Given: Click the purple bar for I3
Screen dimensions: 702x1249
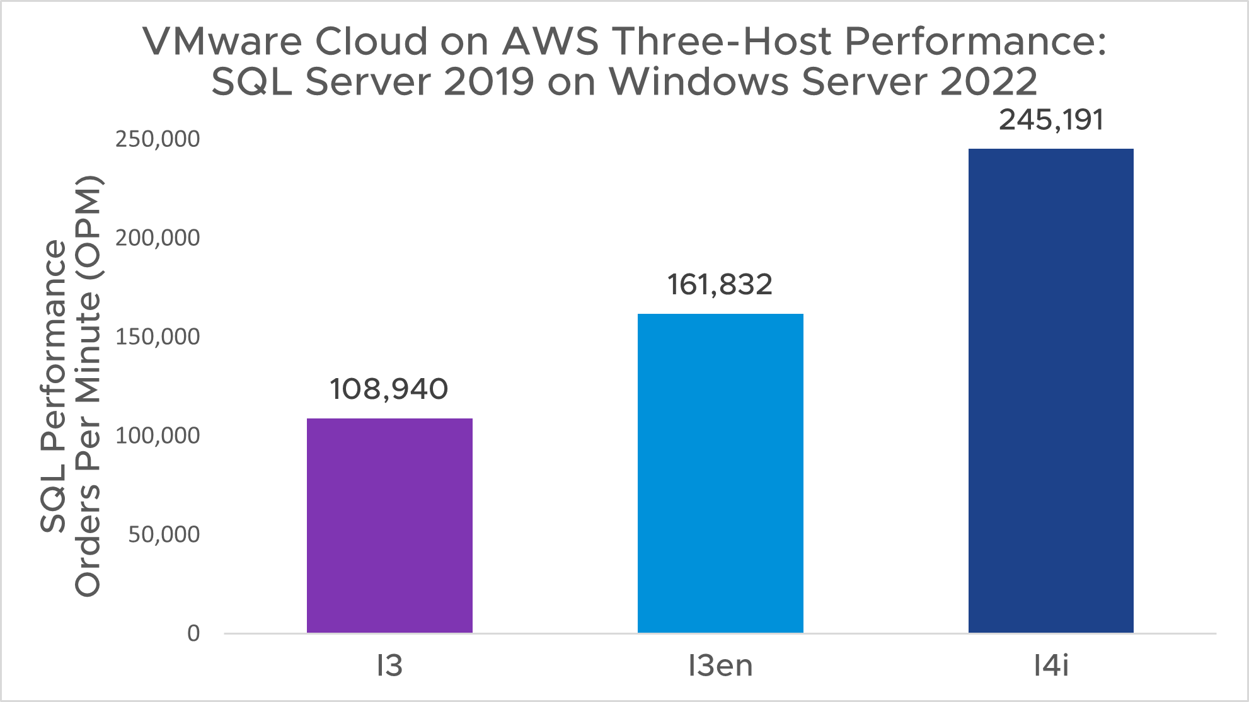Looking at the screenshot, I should pos(389,525).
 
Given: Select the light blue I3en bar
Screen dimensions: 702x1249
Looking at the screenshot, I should pos(720,473).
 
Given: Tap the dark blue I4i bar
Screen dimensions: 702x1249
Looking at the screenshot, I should pos(1050,390).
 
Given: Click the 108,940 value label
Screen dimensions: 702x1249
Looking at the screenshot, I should pos(389,389).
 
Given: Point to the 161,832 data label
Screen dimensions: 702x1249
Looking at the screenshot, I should pos(720,285).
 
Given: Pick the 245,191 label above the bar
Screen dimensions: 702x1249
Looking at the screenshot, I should pos(1051,120).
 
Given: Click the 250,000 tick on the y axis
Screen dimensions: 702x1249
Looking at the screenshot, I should pos(158,139).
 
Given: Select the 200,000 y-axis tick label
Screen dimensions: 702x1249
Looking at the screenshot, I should pos(158,238).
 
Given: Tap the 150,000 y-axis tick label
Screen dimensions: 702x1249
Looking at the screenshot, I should pos(158,337).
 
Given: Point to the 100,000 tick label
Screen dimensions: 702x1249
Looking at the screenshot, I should pos(158,436).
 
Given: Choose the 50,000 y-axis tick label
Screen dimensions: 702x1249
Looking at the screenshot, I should pos(164,535).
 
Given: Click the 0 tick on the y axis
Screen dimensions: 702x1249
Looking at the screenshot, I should pos(193,633).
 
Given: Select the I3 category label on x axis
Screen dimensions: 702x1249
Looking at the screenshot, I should pos(389,666).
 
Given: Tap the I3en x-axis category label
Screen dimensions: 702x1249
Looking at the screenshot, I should pos(720,666).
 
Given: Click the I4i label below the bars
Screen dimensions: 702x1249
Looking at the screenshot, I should pos(1051,666).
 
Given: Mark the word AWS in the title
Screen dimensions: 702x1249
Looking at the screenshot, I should pos(550,42).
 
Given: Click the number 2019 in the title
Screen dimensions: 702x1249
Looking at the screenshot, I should pos(488,82).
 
